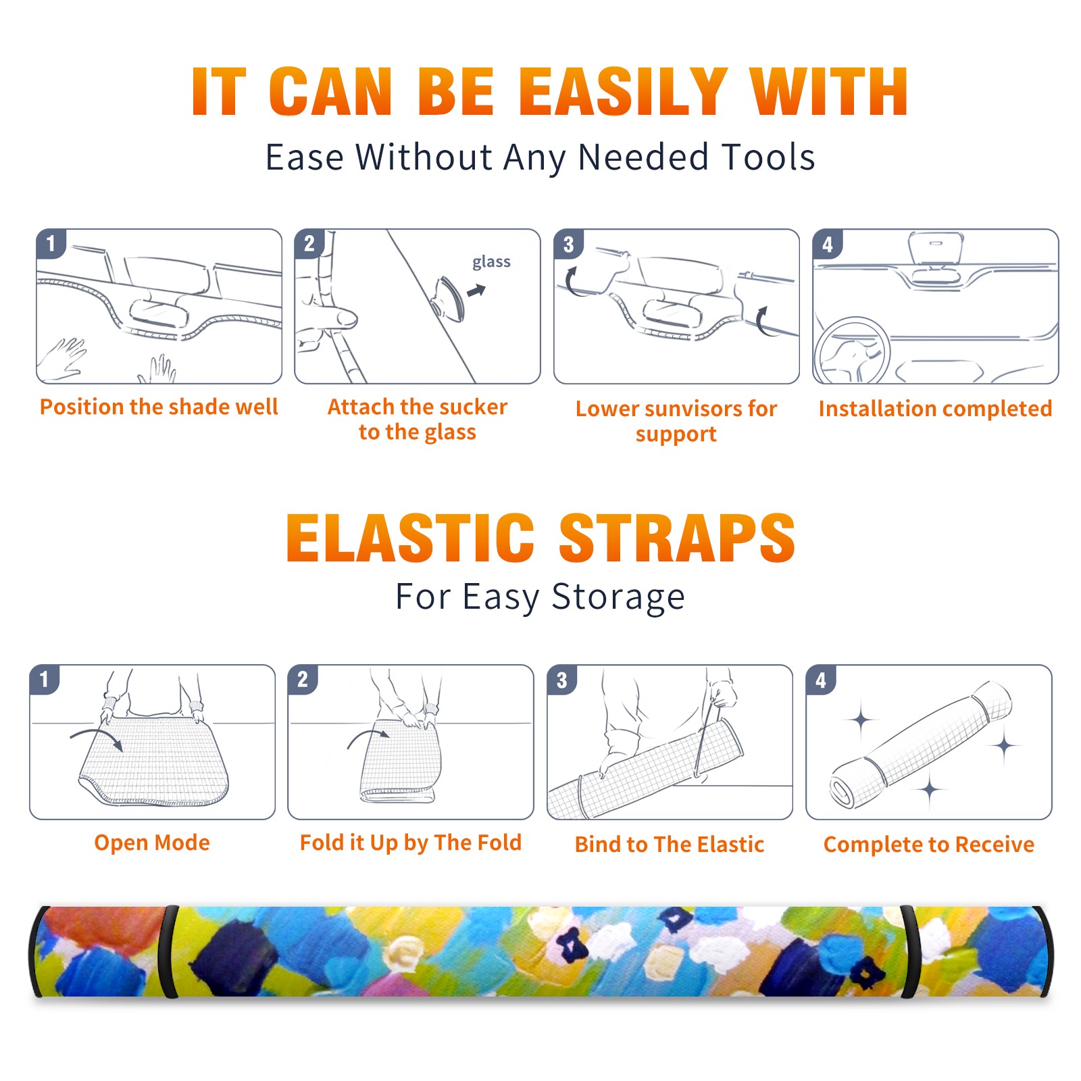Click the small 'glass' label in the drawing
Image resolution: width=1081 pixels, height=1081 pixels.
[x=491, y=262]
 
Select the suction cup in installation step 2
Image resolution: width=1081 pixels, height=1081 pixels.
[x=449, y=297]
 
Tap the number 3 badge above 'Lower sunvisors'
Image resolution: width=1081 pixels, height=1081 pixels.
[x=569, y=244]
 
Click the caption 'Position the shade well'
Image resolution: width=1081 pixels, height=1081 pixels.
[x=159, y=407]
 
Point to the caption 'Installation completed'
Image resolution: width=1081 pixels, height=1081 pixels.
[x=935, y=408]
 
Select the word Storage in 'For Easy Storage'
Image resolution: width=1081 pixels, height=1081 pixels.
[x=618, y=597]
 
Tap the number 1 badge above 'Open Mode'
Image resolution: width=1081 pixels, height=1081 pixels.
[x=45, y=680]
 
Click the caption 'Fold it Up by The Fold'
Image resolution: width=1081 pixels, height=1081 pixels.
[x=411, y=843]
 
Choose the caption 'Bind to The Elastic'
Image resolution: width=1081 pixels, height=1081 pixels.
[x=670, y=844]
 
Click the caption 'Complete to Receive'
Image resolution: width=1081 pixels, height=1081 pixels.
[x=929, y=844]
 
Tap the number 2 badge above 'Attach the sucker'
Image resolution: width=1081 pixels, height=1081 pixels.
[x=309, y=244]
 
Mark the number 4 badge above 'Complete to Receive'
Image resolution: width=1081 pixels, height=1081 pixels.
[x=821, y=680]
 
